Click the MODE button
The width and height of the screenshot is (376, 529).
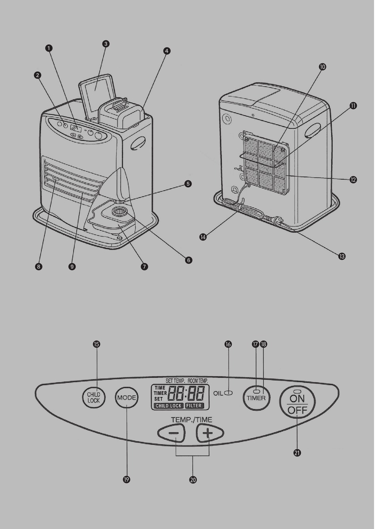pyautogui.click(x=127, y=398)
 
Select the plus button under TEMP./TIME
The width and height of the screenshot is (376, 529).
pyautogui.click(x=209, y=434)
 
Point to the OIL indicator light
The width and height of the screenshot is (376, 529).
pyautogui.click(x=228, y=393)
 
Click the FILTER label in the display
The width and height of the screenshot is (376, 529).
pyautogui.click(x=194, y=406)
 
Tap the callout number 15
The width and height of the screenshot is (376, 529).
pyautogui.click(x=97, y=344)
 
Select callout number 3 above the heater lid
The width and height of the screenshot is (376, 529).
pyautogui.click(x=106, y=44)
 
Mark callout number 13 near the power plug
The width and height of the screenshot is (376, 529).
pyautogui.click(x=342, y=256)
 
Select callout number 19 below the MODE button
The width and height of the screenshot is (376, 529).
pyautogui.click(x=126, y=480)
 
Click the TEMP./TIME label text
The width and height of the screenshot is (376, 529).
pyautogui.click(x=192, y=420)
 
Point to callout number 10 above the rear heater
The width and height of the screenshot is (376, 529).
pyautogui.click(x=322, y=67)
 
